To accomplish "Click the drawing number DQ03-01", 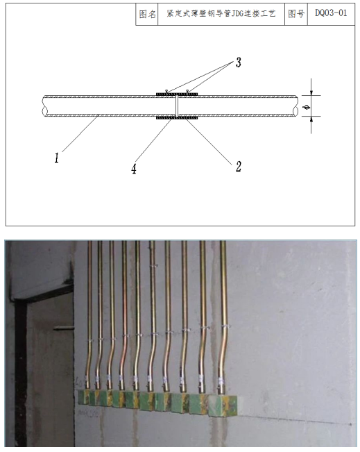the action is tap(331, 13).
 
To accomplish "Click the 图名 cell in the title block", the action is tap(147, 14).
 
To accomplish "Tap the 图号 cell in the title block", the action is tap(296, 14).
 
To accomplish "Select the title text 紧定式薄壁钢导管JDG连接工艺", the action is tap(221, 14).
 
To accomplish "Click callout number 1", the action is tap(57, 158).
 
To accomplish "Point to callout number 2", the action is tap(238, 167).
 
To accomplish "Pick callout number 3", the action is tap(238, 62).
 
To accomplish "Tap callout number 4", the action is tap(134, 169).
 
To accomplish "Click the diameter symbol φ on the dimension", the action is tap(307, 108).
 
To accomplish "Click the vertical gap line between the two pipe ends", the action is tap(177, 106).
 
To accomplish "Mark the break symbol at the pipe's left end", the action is tap(44, 106).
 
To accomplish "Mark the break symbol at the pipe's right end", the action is tap(296, 106).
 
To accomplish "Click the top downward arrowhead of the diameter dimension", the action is tap(311, 92).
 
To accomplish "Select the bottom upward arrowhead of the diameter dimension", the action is tap(311, 119).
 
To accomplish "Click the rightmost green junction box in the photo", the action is tap(223, 406).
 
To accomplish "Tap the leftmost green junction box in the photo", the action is tap(83, 396).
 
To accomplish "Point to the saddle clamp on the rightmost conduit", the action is tap(226, 326).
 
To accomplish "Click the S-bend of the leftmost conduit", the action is tap(89, 358).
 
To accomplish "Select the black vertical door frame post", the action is tap(21, 372).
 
